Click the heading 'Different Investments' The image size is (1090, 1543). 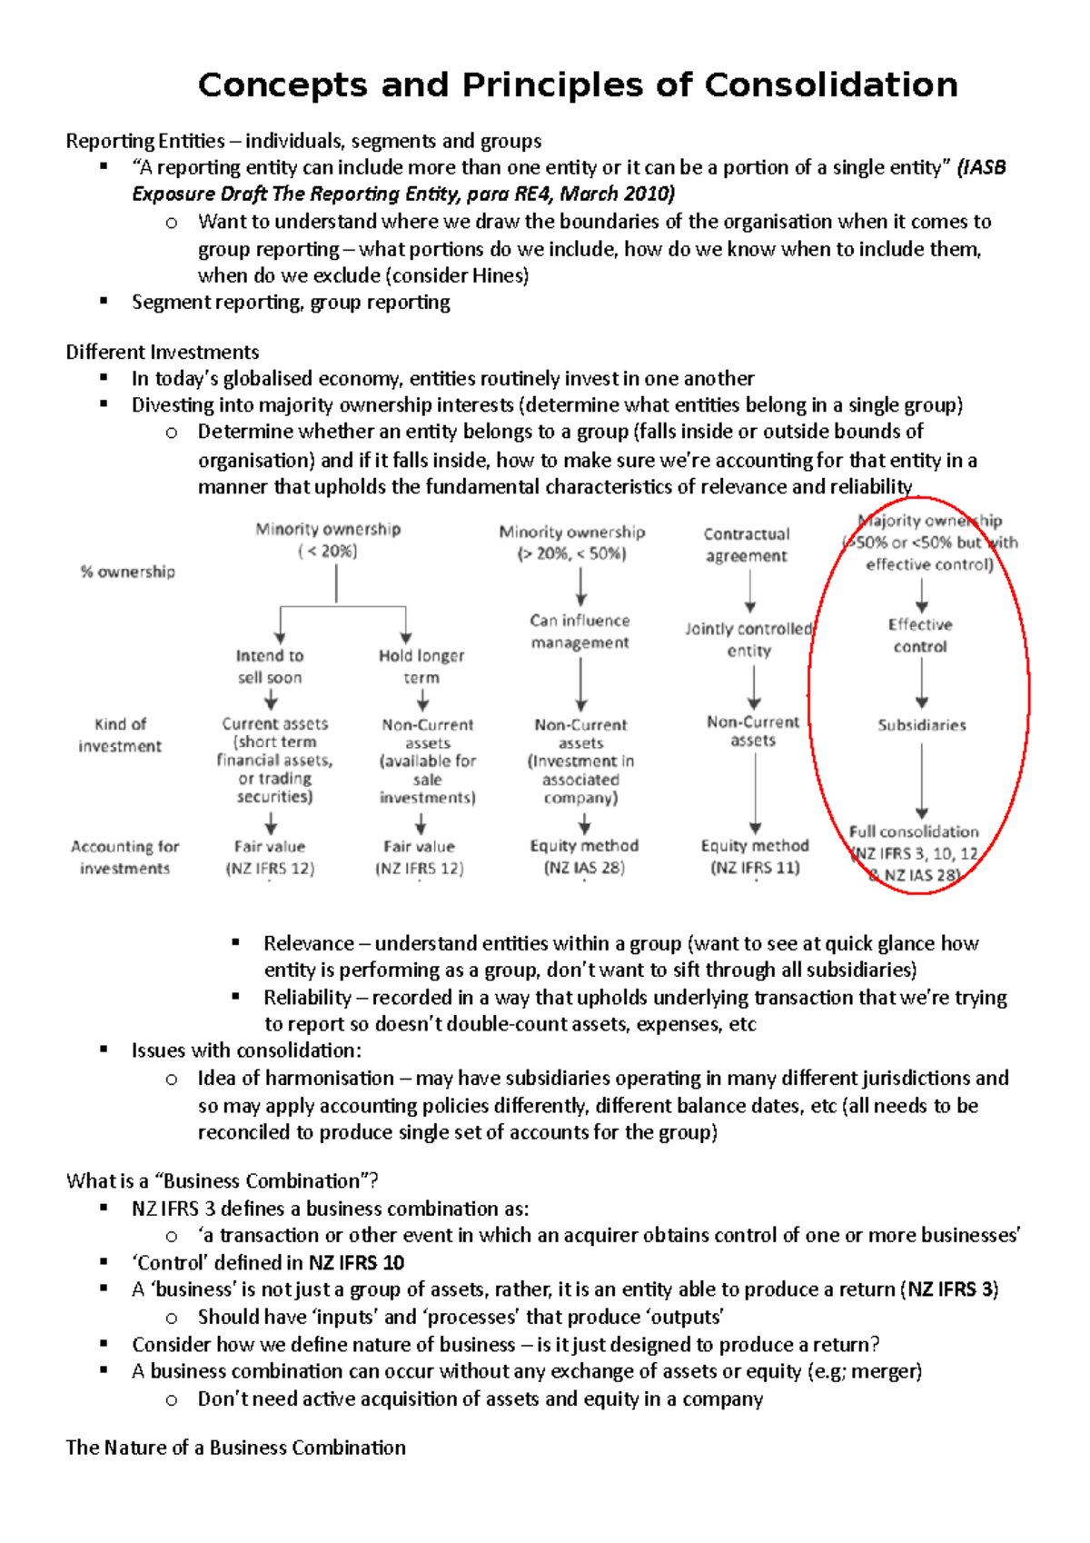[x=163, y=352]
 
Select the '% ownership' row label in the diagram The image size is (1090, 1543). [x=128, y=572]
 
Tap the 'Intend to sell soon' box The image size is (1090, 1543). [x=270, y=666]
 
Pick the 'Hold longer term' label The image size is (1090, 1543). [x=421, y=666]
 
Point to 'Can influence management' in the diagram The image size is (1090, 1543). [x=580, y=632]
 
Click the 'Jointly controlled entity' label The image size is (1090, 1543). [x=748, y=639]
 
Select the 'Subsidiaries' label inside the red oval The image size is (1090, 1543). [x=921, y=725]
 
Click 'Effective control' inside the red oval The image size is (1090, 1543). [x=920, y=635]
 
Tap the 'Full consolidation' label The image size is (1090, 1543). [x=914, y=831]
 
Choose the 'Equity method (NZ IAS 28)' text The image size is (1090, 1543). [x=584, y=856]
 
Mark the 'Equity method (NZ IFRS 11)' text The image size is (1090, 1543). [x=755, y=856]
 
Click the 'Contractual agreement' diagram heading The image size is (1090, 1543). [x=747, y=544]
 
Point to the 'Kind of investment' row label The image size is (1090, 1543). [x=120, y=734]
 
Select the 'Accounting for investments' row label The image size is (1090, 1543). [x=125, y=857]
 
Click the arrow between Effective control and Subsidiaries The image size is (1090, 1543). [x=922, y=682]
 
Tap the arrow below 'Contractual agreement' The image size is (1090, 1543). [x=750, y=592]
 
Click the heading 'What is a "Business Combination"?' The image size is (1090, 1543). [x=222, y=1180]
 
